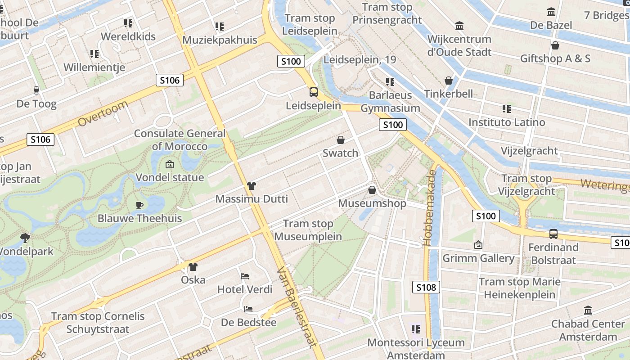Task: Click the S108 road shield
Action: pos(426,287)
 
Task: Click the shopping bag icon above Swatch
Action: pos(341,140)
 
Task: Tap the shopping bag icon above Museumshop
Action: pos(372,190)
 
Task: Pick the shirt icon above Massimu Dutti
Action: pos(251,185)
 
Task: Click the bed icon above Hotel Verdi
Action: pos(245,276)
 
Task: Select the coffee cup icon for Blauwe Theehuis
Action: pos(139,205)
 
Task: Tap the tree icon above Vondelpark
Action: pos(25,238)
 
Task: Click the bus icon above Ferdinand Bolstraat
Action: pos(553,234)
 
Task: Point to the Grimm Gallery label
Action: pos(478,258)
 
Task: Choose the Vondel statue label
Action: pos(170,177)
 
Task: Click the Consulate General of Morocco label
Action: pos(180,140)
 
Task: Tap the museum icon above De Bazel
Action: pos(551,12)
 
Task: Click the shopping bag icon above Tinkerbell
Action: pos(448,81)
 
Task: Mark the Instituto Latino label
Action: pos(507,122)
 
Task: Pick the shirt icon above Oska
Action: pos(193,267)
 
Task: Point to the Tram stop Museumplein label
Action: pos(308,230)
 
